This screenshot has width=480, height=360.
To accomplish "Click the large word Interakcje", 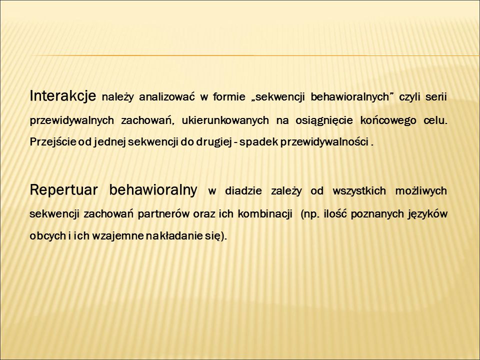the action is (63, 96).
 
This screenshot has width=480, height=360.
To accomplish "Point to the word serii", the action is (436, 97).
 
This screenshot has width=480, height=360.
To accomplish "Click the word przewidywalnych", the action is (72, 120).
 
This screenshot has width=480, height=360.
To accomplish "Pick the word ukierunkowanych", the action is (225, 120).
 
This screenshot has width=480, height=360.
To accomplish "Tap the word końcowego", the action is (388, 120).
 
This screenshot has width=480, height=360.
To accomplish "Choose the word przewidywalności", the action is (324, 142).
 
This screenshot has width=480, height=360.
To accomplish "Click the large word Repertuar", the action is (63, 190).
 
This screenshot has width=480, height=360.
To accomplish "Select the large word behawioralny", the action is (153, 190).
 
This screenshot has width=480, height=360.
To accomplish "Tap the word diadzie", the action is (243, 191).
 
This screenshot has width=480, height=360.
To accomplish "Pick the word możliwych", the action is (421, 191).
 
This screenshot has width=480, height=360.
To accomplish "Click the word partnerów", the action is (163, 214).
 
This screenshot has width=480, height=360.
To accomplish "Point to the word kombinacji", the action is (265, 214).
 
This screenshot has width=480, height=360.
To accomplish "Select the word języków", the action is (427, 214).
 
